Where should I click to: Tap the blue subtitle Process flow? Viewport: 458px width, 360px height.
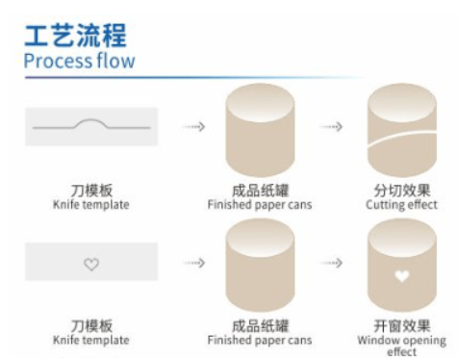(x=79, y=62)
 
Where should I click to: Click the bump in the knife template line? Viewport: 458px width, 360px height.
(x=90, y=122)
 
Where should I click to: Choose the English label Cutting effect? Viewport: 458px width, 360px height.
(x=402, y=205)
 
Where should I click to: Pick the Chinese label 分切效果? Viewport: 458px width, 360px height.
(x=402, y=191)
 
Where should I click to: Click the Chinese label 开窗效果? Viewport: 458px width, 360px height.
(x=402, y=325)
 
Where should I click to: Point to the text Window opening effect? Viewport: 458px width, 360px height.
(x=402, y=346)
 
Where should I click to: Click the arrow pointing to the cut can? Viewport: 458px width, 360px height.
(x=331, y=126)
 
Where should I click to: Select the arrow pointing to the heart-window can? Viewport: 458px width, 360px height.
(x=331, y=262)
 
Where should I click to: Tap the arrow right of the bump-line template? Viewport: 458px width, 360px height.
(x=194, y=126)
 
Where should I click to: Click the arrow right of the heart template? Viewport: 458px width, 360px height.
(x=194, y=262)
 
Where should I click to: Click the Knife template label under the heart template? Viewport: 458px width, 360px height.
(x=91, y=340)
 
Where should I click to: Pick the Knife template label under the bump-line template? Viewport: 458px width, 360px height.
(x=91, y=205)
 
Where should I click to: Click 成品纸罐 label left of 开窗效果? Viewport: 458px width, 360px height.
(x=259, y=325)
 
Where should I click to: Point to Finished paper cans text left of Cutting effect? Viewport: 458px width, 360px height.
(x=259, y=205)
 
